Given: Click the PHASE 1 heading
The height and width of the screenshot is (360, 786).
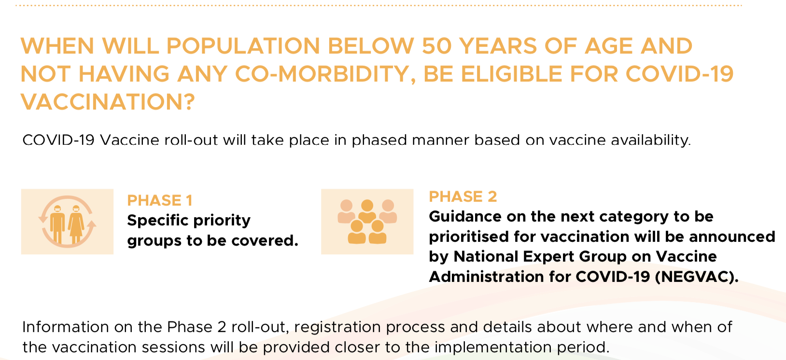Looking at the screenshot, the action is point(160,200).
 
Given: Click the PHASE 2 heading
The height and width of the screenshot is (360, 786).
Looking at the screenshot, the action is point(463,196).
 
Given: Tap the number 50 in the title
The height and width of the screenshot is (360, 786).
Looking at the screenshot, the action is point(436,46).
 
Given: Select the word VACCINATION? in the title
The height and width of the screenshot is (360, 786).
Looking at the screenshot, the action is point(108,102).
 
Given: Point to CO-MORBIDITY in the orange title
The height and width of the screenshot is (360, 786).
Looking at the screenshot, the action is point(325,74).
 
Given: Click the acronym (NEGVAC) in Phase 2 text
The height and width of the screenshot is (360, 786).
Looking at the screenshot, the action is point(697,277).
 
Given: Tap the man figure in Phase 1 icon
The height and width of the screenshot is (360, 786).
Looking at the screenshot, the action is point(57,224).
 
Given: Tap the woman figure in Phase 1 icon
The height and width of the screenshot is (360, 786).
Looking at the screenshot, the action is point(76,224).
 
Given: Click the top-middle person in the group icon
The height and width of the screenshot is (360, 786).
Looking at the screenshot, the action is point(367,211).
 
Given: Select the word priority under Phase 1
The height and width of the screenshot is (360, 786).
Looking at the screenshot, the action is point(222,221).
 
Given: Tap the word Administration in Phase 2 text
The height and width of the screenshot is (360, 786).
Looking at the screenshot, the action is point(486,277).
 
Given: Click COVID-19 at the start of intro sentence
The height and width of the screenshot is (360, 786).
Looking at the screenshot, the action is point(58,140).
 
